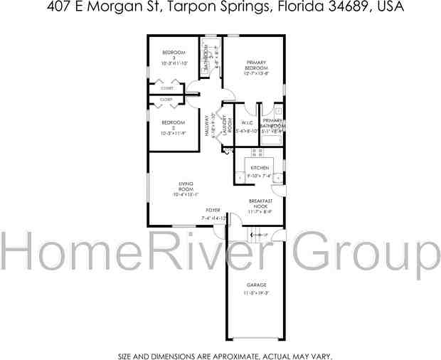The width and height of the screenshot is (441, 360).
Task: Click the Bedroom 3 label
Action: tap(174, 55)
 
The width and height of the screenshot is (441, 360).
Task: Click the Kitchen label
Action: tap(259, 168)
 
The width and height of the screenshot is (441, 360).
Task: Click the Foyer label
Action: tap(213, 211)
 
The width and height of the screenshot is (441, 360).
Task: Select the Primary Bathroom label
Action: tap(274, 124)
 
